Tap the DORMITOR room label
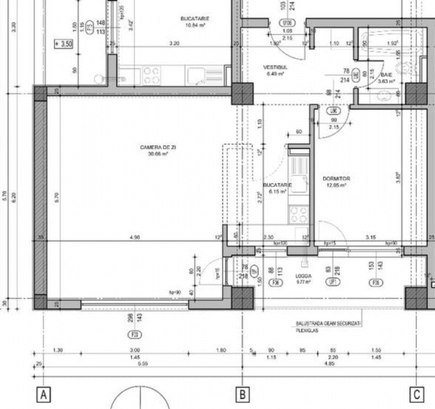(336, 178)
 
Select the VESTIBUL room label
(275, 67)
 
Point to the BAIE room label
(386, 75)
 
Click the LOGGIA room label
(303, 276)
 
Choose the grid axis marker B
(242, 394)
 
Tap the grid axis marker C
(417, 394)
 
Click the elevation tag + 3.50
(64, 43)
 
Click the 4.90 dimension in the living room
(135, 237)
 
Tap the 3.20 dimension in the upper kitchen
(174, 43)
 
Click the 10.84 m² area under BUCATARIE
(194, 25)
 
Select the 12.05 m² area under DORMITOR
(336, 185)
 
